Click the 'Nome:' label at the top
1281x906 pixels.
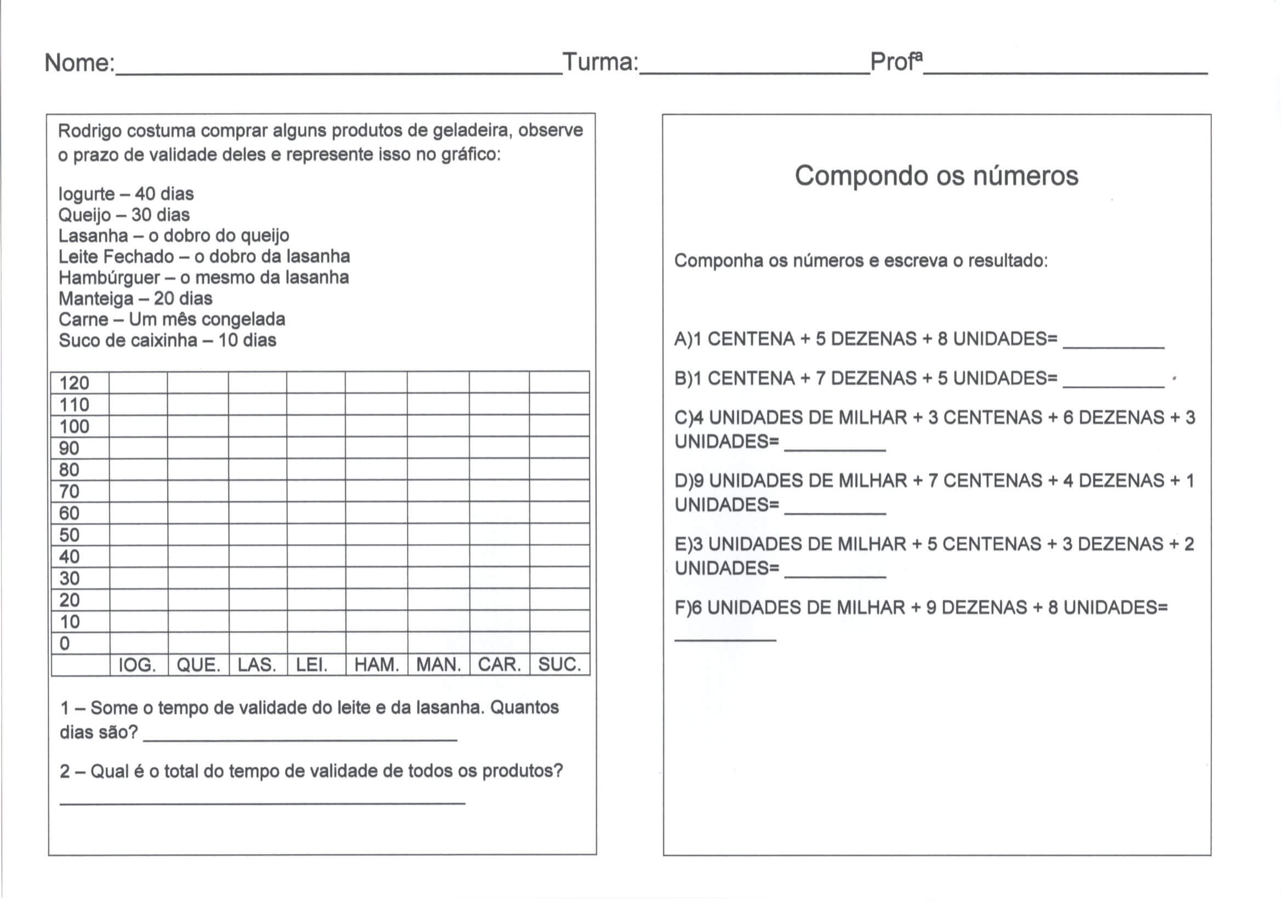(79, 62)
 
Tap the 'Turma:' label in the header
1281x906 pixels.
(601, 62)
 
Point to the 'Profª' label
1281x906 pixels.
(896, 61)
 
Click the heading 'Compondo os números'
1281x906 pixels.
(936, 176)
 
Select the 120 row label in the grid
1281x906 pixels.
(74, 383)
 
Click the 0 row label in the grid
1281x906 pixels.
(65, 643)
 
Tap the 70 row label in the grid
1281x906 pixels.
(69, 491)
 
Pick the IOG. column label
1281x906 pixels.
(137, 665)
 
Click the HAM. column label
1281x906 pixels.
(376, 665)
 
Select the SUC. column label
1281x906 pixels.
(559, 664)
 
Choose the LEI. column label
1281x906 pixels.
(311, 665)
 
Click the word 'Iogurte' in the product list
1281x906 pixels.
(87, 194)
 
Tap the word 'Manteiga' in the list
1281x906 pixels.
(96, 299)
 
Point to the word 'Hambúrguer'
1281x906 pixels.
(110, 278)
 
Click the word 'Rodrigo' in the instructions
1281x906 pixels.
(89, 131)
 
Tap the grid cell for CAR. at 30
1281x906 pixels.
(499, 578)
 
